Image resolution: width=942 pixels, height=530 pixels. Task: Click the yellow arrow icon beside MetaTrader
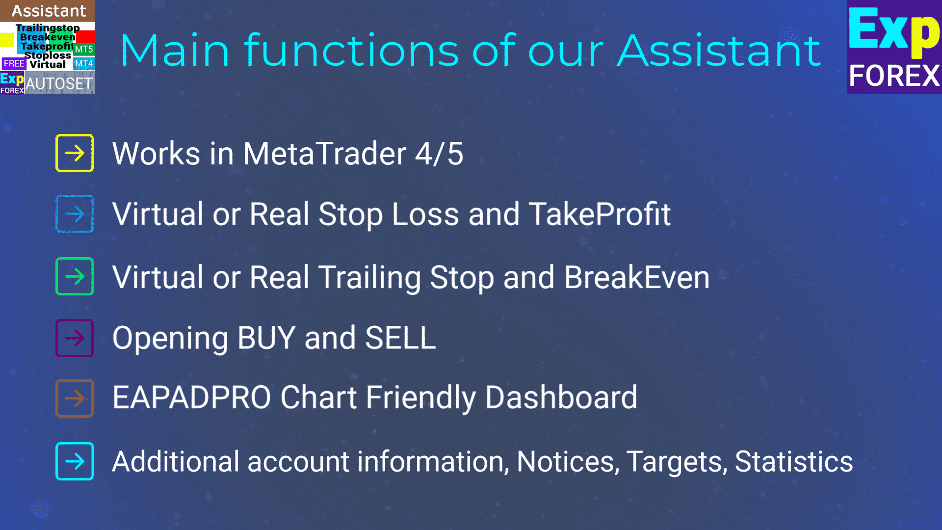click(x=75, y=153)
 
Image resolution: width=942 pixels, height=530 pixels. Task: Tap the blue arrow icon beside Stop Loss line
click(x=75, y=214)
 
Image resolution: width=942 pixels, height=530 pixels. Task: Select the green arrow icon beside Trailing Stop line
click(x=75, y=276)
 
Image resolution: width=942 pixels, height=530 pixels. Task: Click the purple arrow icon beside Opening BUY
click(x=75, y=338)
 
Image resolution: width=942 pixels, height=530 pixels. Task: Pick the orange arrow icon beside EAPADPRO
click(x=75, y=398)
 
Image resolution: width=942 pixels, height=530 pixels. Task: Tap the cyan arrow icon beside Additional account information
click(x=75, y=461)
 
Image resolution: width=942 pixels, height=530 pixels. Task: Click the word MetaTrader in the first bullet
click(x=324, y=154)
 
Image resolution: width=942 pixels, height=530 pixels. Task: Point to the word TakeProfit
click(x=600, y=214)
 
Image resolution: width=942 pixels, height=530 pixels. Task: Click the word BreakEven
click(x=637, y=277)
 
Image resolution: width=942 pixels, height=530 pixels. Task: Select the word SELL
click(x=400, y=338)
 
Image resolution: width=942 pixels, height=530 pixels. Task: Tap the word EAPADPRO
click(x=191, y=397)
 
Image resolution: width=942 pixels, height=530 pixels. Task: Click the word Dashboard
click(x=561, y=397)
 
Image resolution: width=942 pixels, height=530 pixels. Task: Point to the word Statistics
click(x=794, y=462)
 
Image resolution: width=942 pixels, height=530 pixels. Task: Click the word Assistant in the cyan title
click(x=719, y=50)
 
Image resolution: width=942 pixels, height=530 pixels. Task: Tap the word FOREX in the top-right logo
click(x=894, y=76)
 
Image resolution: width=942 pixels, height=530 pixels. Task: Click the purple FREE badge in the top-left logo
click(x=14, y=63)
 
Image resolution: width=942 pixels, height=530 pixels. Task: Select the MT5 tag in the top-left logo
click(x=84, y=50)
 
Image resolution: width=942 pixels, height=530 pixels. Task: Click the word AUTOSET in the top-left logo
click(x=59, y=84)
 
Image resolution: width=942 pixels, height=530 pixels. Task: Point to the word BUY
click(x=266, y=338)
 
